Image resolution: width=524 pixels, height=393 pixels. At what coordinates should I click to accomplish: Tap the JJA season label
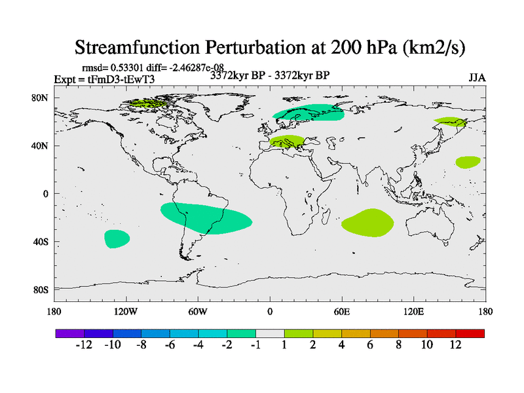(x=477, y=77)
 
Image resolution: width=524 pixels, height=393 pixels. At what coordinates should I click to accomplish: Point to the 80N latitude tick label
(x=41, y=98)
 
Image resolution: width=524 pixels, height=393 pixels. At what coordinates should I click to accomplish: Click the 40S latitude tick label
(x=41, y=242)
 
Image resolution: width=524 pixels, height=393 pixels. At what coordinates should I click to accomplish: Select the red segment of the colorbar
(x=477, y=333)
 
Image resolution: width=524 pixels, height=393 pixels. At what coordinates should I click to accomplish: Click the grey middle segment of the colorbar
(x=270, y=333)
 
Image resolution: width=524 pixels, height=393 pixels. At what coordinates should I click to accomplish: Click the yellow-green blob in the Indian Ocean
(x=368, y=223)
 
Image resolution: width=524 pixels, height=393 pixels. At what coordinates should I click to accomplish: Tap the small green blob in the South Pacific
(x=117, y=238)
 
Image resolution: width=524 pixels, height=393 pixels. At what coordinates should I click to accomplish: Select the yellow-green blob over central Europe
(x=287, y=141)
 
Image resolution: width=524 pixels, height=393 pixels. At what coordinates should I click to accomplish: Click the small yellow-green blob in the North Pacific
(x=468, y=162)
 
